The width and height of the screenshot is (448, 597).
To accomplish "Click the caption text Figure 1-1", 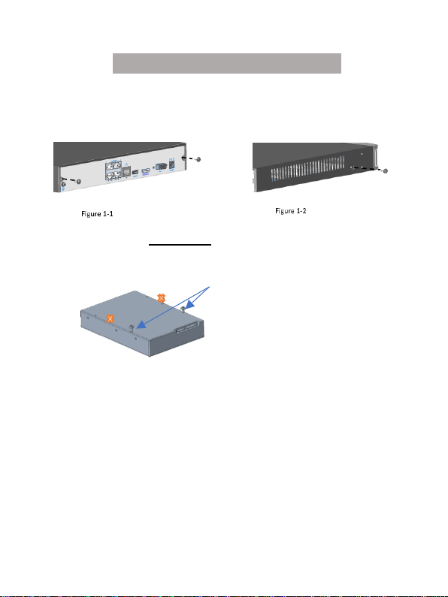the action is [97, 214].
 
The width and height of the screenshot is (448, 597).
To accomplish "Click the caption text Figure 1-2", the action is [291, 211].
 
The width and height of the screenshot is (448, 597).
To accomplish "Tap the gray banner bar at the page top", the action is [227, 63].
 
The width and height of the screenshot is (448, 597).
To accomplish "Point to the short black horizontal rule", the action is [180, 245].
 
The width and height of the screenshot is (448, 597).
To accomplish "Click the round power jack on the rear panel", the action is [172, 165].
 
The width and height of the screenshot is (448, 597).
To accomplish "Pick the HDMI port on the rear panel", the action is [146, 171].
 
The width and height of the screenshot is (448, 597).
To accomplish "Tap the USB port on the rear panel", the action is [135, 173].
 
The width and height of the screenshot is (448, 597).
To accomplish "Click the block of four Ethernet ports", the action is [114, 170].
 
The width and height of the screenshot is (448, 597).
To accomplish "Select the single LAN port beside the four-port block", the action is [126, 172].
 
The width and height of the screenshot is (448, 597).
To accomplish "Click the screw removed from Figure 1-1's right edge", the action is [198, 159].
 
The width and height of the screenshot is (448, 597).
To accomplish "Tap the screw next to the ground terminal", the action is [79, 182].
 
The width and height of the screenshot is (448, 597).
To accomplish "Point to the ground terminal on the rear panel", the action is [63, 185].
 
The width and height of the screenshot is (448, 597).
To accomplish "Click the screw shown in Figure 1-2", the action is [385, 170].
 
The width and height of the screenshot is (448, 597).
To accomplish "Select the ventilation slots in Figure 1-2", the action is [307, 169].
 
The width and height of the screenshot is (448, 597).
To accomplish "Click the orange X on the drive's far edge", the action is [161, 298].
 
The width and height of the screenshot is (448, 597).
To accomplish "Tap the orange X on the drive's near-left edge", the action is [110, 318].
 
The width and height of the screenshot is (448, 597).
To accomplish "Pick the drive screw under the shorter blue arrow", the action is [183, 309].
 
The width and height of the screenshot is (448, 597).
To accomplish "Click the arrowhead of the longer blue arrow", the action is [141, 324].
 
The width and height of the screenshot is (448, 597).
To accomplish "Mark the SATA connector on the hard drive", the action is [187, 327].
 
